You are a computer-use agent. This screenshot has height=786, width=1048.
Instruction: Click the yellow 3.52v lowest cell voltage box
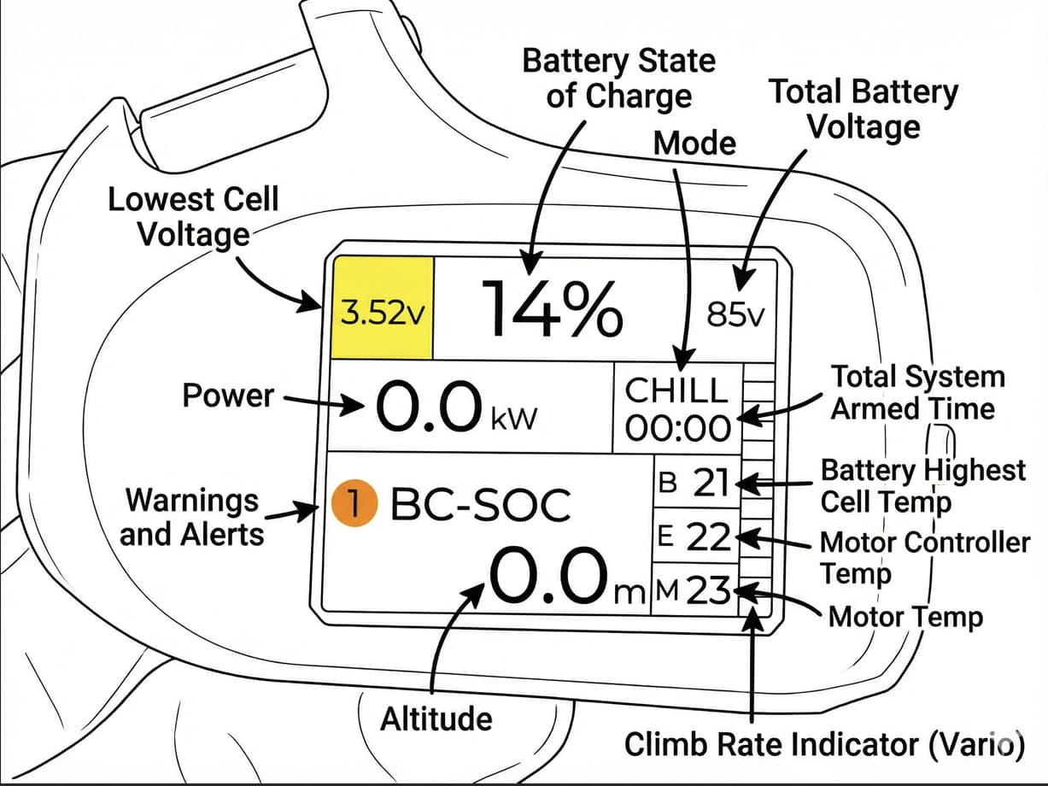click(383, 308)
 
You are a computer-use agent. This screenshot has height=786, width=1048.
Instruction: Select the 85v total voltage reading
click(736, 315)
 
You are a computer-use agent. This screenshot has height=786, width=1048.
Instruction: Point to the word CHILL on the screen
click(676, 390)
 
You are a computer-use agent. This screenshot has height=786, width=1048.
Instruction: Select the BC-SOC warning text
click(479, 506)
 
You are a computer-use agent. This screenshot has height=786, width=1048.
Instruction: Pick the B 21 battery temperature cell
click(693, 484)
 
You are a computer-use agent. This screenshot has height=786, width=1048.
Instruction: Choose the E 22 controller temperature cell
click(693, 537)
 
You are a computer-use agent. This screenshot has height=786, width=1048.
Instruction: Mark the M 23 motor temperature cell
click(693, 590)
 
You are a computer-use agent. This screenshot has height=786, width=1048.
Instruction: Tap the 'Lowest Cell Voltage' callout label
click(193, 216)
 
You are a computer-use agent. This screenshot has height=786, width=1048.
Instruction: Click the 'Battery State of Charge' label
click(619, 78)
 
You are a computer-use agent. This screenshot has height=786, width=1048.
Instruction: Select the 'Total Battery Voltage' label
click(864, 109)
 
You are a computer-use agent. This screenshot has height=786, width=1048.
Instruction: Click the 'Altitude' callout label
click(436, 719)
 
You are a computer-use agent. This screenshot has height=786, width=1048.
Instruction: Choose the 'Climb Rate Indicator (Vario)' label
click(824, 743)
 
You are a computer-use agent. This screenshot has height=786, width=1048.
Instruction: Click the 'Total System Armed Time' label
click(917, 392)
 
